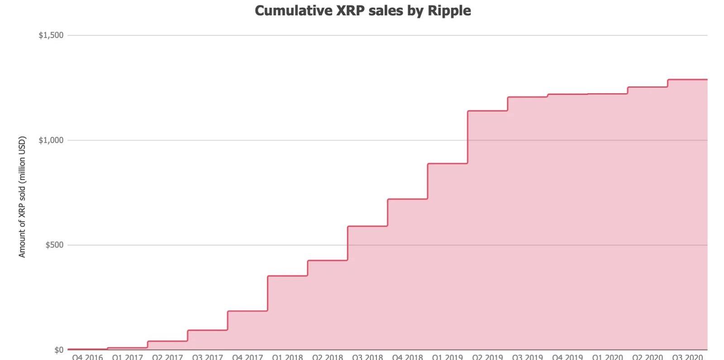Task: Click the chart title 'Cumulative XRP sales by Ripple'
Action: pos(362,10)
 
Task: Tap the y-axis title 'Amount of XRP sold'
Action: pos(22,197)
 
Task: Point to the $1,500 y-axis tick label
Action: pos(51,35)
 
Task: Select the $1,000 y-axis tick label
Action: pos(51,140)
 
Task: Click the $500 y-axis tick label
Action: pos(54,245)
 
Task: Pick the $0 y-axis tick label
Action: pos(58,350)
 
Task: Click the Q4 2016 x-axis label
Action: pos(87,357)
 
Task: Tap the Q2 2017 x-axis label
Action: pos(167,357)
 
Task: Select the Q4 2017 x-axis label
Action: pos(248,357)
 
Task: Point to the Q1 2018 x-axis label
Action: pos(287,357)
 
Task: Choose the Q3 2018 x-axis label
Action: pos(367,357)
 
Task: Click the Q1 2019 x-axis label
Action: pos(448,357)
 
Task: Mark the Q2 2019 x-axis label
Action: pos(487,357)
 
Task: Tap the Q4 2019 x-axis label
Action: pos(567,357)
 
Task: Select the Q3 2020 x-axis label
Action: pos(687,357)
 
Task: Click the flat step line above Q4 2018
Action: pos(407,199)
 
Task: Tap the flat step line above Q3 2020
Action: pos(687,80)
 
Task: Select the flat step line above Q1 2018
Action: pos(287,276)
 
